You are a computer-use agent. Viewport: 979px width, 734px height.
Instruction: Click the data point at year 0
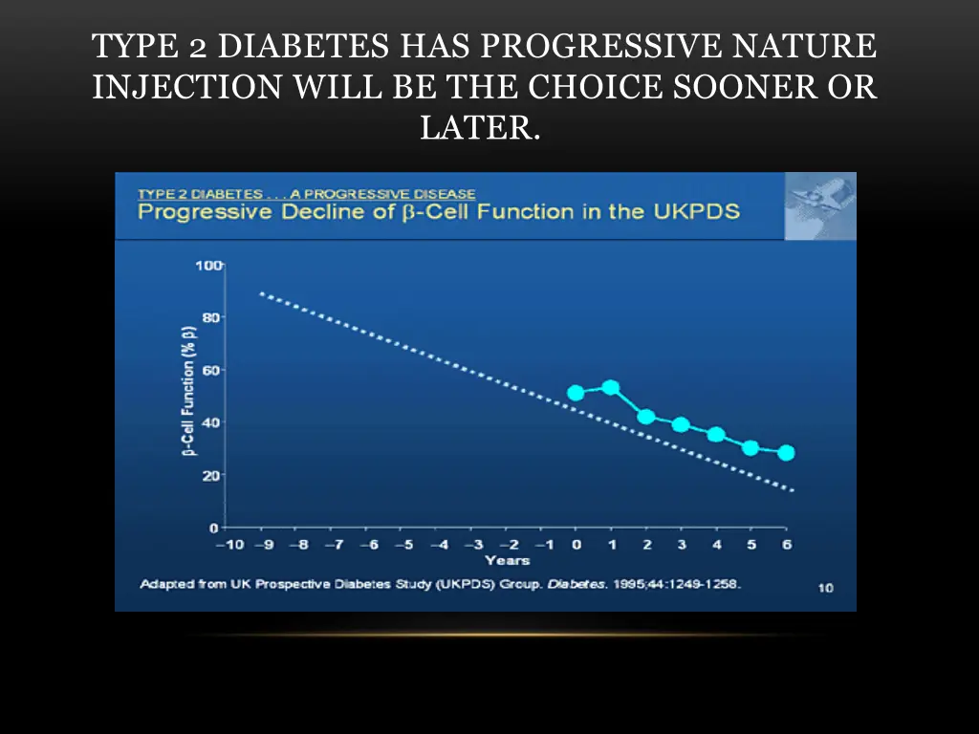point(576,393)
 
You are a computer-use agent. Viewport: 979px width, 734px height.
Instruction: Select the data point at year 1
point(611,387)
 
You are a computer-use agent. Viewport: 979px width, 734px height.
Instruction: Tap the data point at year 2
point(646,417)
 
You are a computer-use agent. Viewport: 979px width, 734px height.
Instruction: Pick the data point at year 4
point(716,434)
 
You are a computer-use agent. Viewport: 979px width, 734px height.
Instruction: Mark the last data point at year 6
point(786,453)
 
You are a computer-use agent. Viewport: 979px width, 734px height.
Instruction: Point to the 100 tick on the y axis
point(208,265)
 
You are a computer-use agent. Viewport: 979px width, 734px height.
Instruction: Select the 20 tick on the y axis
point(211,475)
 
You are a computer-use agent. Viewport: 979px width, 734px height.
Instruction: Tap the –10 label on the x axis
point(228,545)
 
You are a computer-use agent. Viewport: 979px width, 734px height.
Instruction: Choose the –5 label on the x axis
point(403,545)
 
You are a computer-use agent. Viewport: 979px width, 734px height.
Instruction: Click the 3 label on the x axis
point(682,545)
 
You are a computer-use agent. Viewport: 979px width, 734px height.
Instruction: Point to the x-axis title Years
point(507,560)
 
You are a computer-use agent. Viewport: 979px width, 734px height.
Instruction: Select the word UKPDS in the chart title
point(695,211)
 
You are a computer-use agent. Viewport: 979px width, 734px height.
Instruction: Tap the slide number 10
point(824,587)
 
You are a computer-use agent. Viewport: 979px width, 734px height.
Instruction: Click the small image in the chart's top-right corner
point(819,206)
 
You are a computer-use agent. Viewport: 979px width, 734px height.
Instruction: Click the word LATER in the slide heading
point(480,127)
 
